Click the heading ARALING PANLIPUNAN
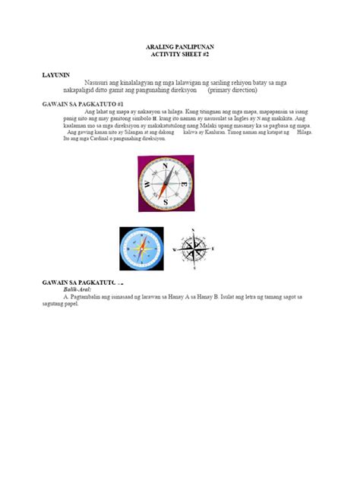pyautogui.click(x=179, y=48)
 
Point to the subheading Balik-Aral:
pyautogui.click(x=79, y=290)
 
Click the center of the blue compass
pyautogui.click(x=141, y=248)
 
